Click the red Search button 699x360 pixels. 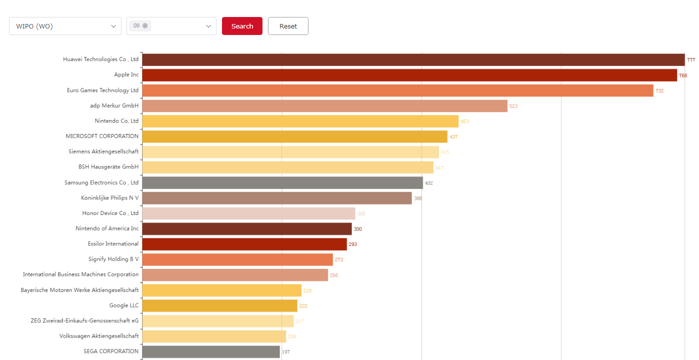pos(242,26)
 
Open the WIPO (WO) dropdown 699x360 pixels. pos(65,26)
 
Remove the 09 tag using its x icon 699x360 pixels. pos(145,25)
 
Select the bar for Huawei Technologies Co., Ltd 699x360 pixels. pos(413,59)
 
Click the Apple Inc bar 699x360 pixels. pos(409,75)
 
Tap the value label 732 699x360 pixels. pos(659,91)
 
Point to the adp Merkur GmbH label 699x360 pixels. pos(111,105)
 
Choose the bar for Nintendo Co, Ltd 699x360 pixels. pos(300,121)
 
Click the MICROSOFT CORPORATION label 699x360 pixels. pos(102,136)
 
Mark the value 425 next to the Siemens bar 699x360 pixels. pos(445,152)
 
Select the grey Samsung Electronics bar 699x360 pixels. pos(282,182)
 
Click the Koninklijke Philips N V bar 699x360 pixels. pos(276,198)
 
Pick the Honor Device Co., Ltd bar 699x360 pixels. pos(248,213)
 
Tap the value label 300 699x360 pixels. pos(357,229)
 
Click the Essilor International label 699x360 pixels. pos(113,244)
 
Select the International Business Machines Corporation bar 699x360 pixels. pos(235,275)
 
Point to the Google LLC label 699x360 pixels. pos(124,305)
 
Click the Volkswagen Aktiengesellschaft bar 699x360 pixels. pos(214,336)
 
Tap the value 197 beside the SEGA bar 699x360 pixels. pos(285,352)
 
